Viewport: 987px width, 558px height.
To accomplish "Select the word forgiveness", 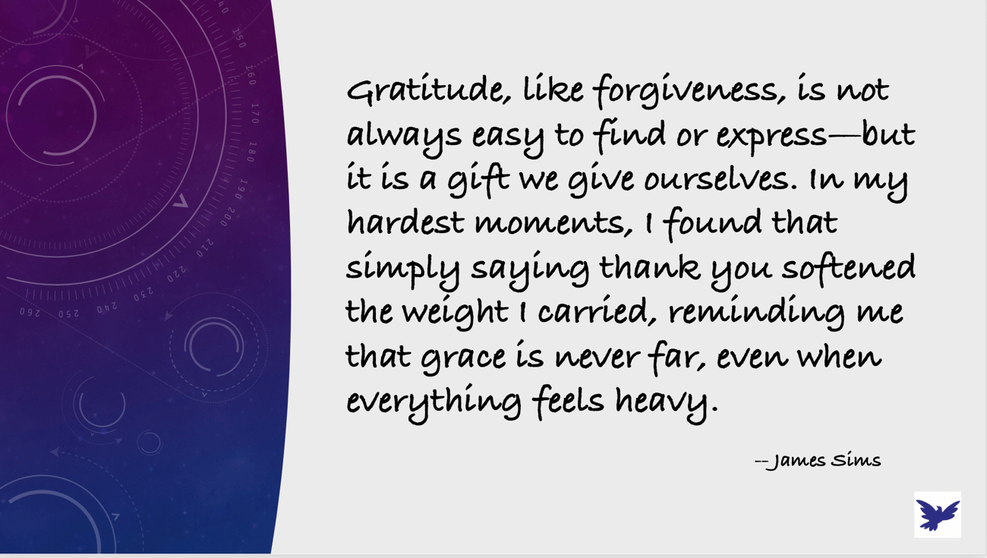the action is pos(689,92).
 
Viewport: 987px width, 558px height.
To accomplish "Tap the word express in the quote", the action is pos(771,137).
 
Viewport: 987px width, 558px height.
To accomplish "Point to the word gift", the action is pos(478,181).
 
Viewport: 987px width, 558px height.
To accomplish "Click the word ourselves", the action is pos(721,179).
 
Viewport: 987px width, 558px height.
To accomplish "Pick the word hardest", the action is pos(405,222).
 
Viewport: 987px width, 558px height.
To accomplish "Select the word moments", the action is pos(553,224).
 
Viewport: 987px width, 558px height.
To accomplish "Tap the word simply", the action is pos(402,270).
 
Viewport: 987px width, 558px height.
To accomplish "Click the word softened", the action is pos(849,266).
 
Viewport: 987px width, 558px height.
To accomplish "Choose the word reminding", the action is pos(756,313).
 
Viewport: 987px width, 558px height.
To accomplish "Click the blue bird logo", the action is pos(937,515).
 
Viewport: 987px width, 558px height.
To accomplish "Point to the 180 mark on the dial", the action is pos(251,152).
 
